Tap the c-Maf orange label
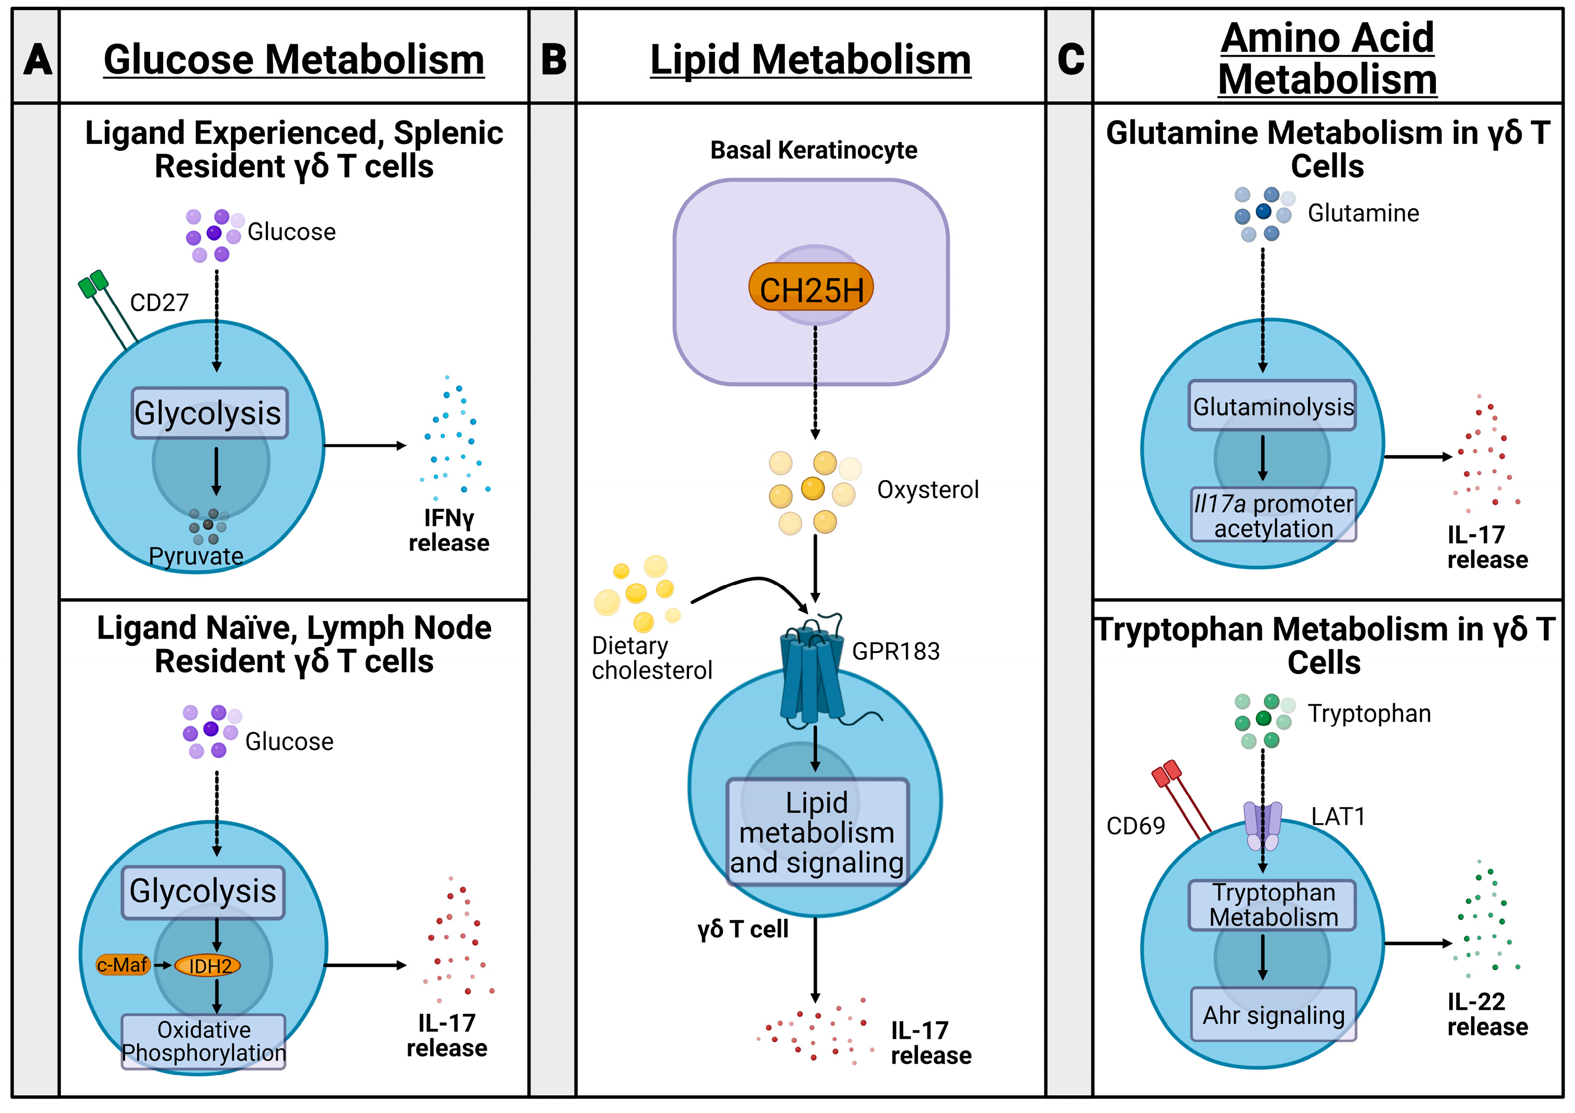(123, 965)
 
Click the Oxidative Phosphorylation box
(203, 1041)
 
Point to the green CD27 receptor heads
(93, 283)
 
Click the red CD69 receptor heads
(1166, 773)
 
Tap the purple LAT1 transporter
(1262, 826)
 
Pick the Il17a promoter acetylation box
(1273, 515)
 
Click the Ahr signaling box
(1273, 1014)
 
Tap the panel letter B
(553, 59)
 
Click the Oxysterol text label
(927, 490)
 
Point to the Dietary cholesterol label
(651, 657)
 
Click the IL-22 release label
(1487, 1014)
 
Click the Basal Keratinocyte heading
(814, 150)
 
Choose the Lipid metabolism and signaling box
(816, 832)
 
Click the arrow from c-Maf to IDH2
(163, 965)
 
